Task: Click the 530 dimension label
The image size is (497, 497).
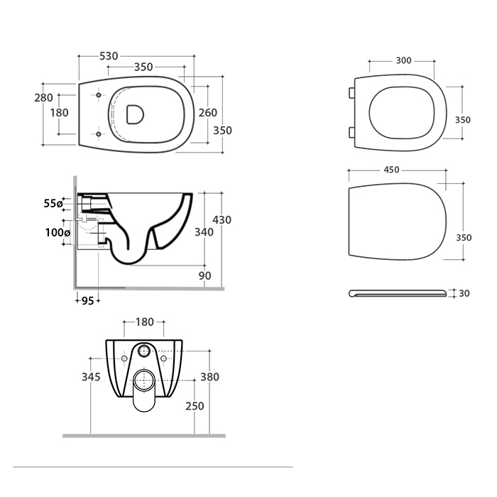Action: point(109,56)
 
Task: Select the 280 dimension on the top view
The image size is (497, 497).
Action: point(43,98)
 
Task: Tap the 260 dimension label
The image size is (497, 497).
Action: point(207,112)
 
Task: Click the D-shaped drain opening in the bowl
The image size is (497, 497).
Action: point(135,114)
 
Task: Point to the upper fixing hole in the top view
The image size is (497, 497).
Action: point(99,95)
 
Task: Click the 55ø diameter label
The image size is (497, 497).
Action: point(53,204)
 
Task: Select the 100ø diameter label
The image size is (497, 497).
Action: point(58,233)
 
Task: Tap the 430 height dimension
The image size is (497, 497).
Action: point(222,219)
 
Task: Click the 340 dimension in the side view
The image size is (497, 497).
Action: point(204,232)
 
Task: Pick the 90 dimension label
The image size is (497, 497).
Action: point(204,275)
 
